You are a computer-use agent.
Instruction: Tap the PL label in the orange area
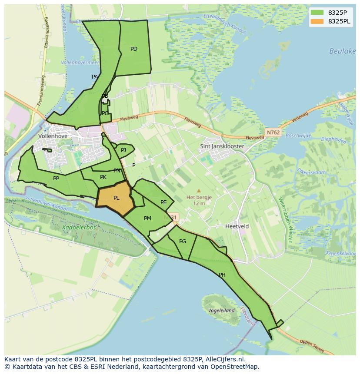(116, 198)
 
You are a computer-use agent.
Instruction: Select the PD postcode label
(134, 49)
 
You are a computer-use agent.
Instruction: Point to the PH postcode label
(222, 275)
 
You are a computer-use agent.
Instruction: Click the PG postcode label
(183, 242)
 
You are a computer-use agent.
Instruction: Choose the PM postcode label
(147, 218)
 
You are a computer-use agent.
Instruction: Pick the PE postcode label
(163, 202)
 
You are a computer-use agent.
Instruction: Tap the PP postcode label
(56, 179)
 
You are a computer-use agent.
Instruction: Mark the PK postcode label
(103, 177)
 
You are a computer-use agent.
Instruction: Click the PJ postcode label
(123, 150)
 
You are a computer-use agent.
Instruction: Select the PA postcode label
(95, 77)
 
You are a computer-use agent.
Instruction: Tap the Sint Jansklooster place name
(222, 146)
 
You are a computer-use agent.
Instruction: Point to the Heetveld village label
(237, 226)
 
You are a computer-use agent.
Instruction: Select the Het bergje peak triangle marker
(199, 191)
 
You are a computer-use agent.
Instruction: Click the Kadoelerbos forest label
(79, 227)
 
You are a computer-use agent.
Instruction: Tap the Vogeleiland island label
(221, 311)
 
